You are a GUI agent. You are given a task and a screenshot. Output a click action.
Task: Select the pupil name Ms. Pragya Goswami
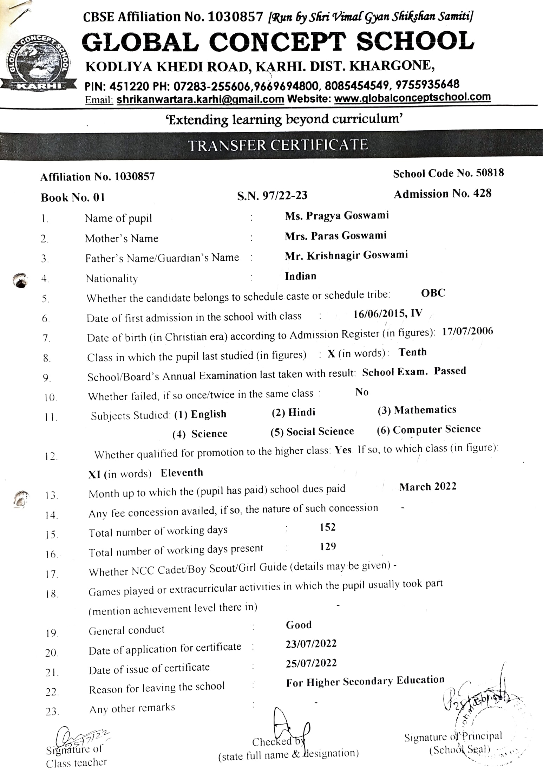pos(337,215)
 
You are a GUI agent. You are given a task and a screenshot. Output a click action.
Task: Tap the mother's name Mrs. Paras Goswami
pos(335,235)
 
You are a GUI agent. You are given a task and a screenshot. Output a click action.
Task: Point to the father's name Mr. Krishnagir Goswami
pos(346,255)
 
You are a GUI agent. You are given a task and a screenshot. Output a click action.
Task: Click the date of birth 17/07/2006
pos(467,331)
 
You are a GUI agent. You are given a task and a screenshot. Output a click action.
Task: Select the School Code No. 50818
pos(448,173)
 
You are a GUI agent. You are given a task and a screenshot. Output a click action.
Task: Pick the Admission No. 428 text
pos(443,194)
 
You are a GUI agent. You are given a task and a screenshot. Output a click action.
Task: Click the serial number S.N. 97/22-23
pos(272,195)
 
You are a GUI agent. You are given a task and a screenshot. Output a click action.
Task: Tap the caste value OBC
pos(433,293)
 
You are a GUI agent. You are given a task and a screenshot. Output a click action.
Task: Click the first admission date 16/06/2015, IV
pos(388,313)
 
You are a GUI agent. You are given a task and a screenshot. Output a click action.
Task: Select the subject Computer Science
pos(436,429)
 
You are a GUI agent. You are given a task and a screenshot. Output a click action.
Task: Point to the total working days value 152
pos(328,527)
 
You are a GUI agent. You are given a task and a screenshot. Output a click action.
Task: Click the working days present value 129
pos(328,546)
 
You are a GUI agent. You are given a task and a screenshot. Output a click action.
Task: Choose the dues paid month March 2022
pos(428,487)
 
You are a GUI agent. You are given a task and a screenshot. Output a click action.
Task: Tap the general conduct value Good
pos(299,624)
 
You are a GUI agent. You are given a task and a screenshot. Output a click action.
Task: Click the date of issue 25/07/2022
pos(311,663)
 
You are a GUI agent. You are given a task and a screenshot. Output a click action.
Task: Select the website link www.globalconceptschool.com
pos(412,98)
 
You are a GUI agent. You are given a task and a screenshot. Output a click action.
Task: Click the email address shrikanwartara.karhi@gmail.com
pos(200,99)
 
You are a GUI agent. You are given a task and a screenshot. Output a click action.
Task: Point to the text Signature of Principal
pos(453,736)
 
